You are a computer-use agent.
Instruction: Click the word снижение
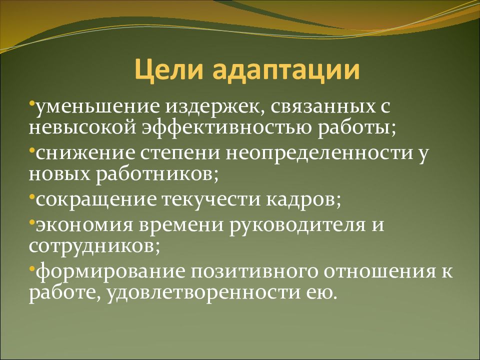[x=85, y=153]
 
